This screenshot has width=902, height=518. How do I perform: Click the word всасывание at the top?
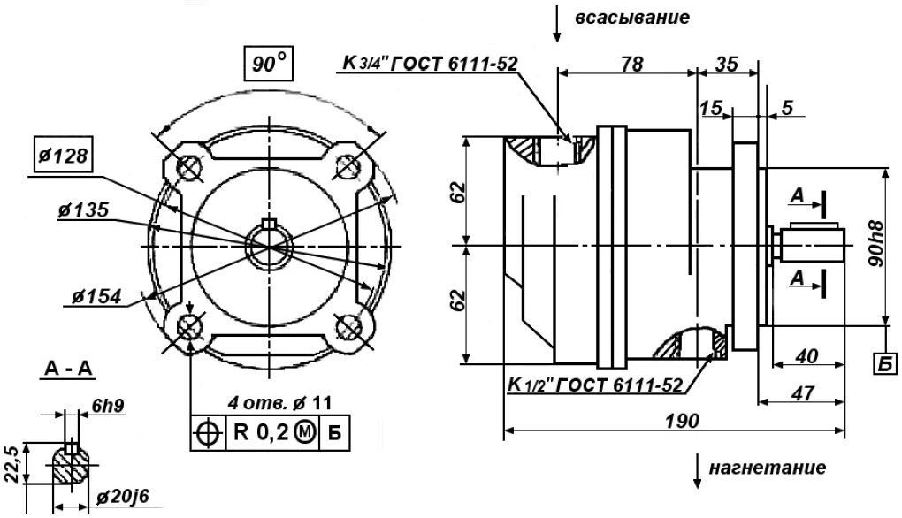pos(631,18)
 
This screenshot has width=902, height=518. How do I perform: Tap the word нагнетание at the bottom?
pos(768,468)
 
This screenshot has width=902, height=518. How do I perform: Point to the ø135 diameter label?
pos(83,209)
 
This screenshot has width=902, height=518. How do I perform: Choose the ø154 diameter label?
pos(97,296)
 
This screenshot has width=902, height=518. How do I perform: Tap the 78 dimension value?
pos(631,64)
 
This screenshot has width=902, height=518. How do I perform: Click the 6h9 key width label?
pos(108,407)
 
